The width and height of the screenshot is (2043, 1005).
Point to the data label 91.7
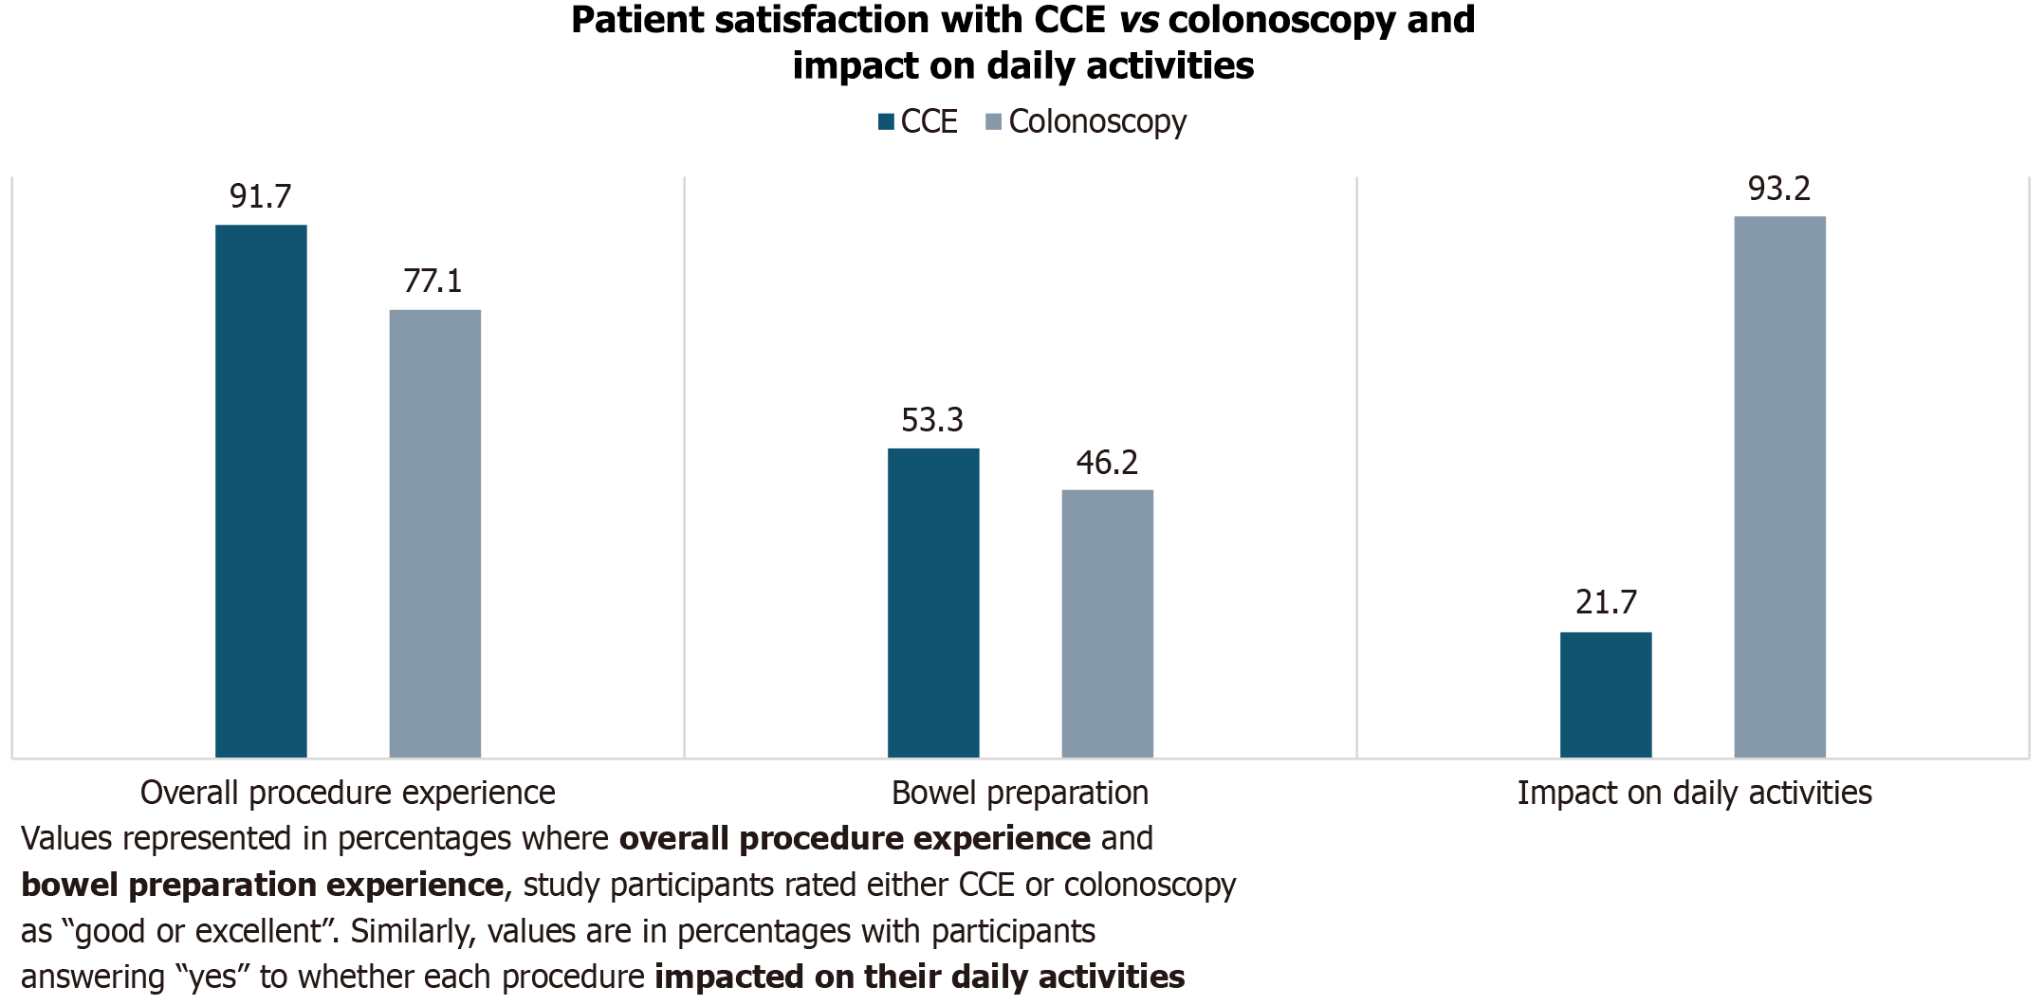pyautogui.click(x=261, y=196)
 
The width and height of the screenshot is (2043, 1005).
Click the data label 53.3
pyautogui.click(x=932, y=420)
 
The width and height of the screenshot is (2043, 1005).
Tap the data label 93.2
pyautogui.click(x=1779, y=189)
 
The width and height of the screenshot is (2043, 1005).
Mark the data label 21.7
pyautogui.click(x=1606, y=602)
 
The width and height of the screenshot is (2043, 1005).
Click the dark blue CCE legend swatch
pyautogui.click(x=887, y=121)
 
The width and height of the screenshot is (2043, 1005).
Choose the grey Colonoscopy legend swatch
pyautogui.click(x=994, y=121)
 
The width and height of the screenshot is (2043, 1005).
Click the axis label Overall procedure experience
pyautogui.click(x=347, y=793)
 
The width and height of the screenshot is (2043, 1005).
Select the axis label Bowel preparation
pyautogui.click(x=1020, y=793)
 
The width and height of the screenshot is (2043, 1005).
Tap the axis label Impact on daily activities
pyautogui.click(x=1694, y=793)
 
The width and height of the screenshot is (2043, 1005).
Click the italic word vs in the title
pyautogui.click(x=1138, y=20)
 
